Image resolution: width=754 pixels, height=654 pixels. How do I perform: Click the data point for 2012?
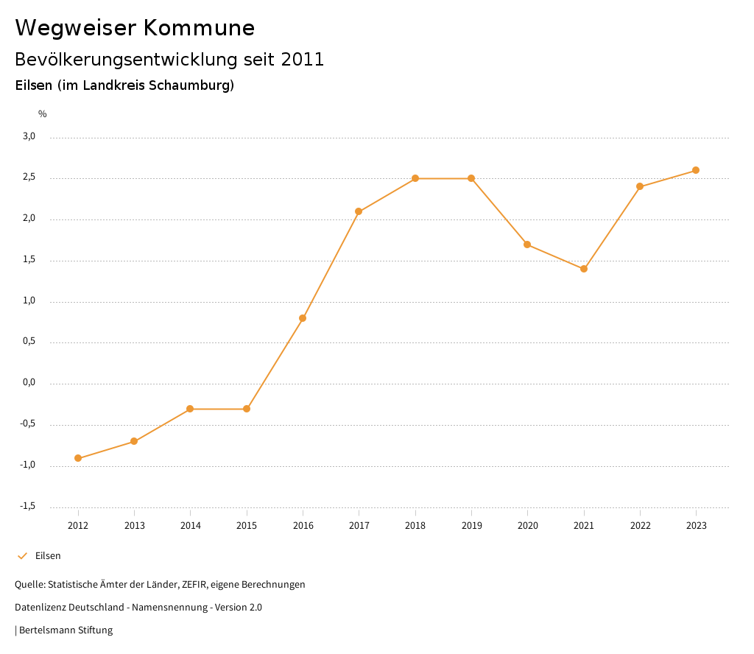tap(78, 458)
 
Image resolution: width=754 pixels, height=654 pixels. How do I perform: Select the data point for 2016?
tap(303, 318)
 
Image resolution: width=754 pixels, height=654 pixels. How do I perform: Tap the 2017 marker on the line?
tap(359, 211)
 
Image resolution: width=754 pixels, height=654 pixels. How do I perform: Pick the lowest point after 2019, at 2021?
tap(584, 269)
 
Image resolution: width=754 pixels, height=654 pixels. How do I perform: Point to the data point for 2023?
tap(696, 170)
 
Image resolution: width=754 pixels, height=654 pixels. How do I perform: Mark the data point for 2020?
tap(527, 245)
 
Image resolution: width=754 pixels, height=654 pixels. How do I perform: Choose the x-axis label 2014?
tap(191, 526)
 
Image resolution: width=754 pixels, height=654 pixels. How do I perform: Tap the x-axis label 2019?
tap(471, 526)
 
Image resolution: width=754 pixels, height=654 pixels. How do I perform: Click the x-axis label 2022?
tap(640, 526)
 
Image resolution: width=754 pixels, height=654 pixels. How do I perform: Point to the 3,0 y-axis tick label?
tap(29, 136)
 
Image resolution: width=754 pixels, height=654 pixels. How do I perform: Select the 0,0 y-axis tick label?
tap(29, 383)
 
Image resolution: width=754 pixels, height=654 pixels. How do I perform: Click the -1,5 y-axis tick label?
tap(28, 506)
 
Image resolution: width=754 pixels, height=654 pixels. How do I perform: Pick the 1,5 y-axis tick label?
tap(29, 260)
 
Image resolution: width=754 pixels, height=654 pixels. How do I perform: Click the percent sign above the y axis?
tap(43, 114)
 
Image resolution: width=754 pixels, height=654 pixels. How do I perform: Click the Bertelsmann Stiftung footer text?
tap(66, 630)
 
